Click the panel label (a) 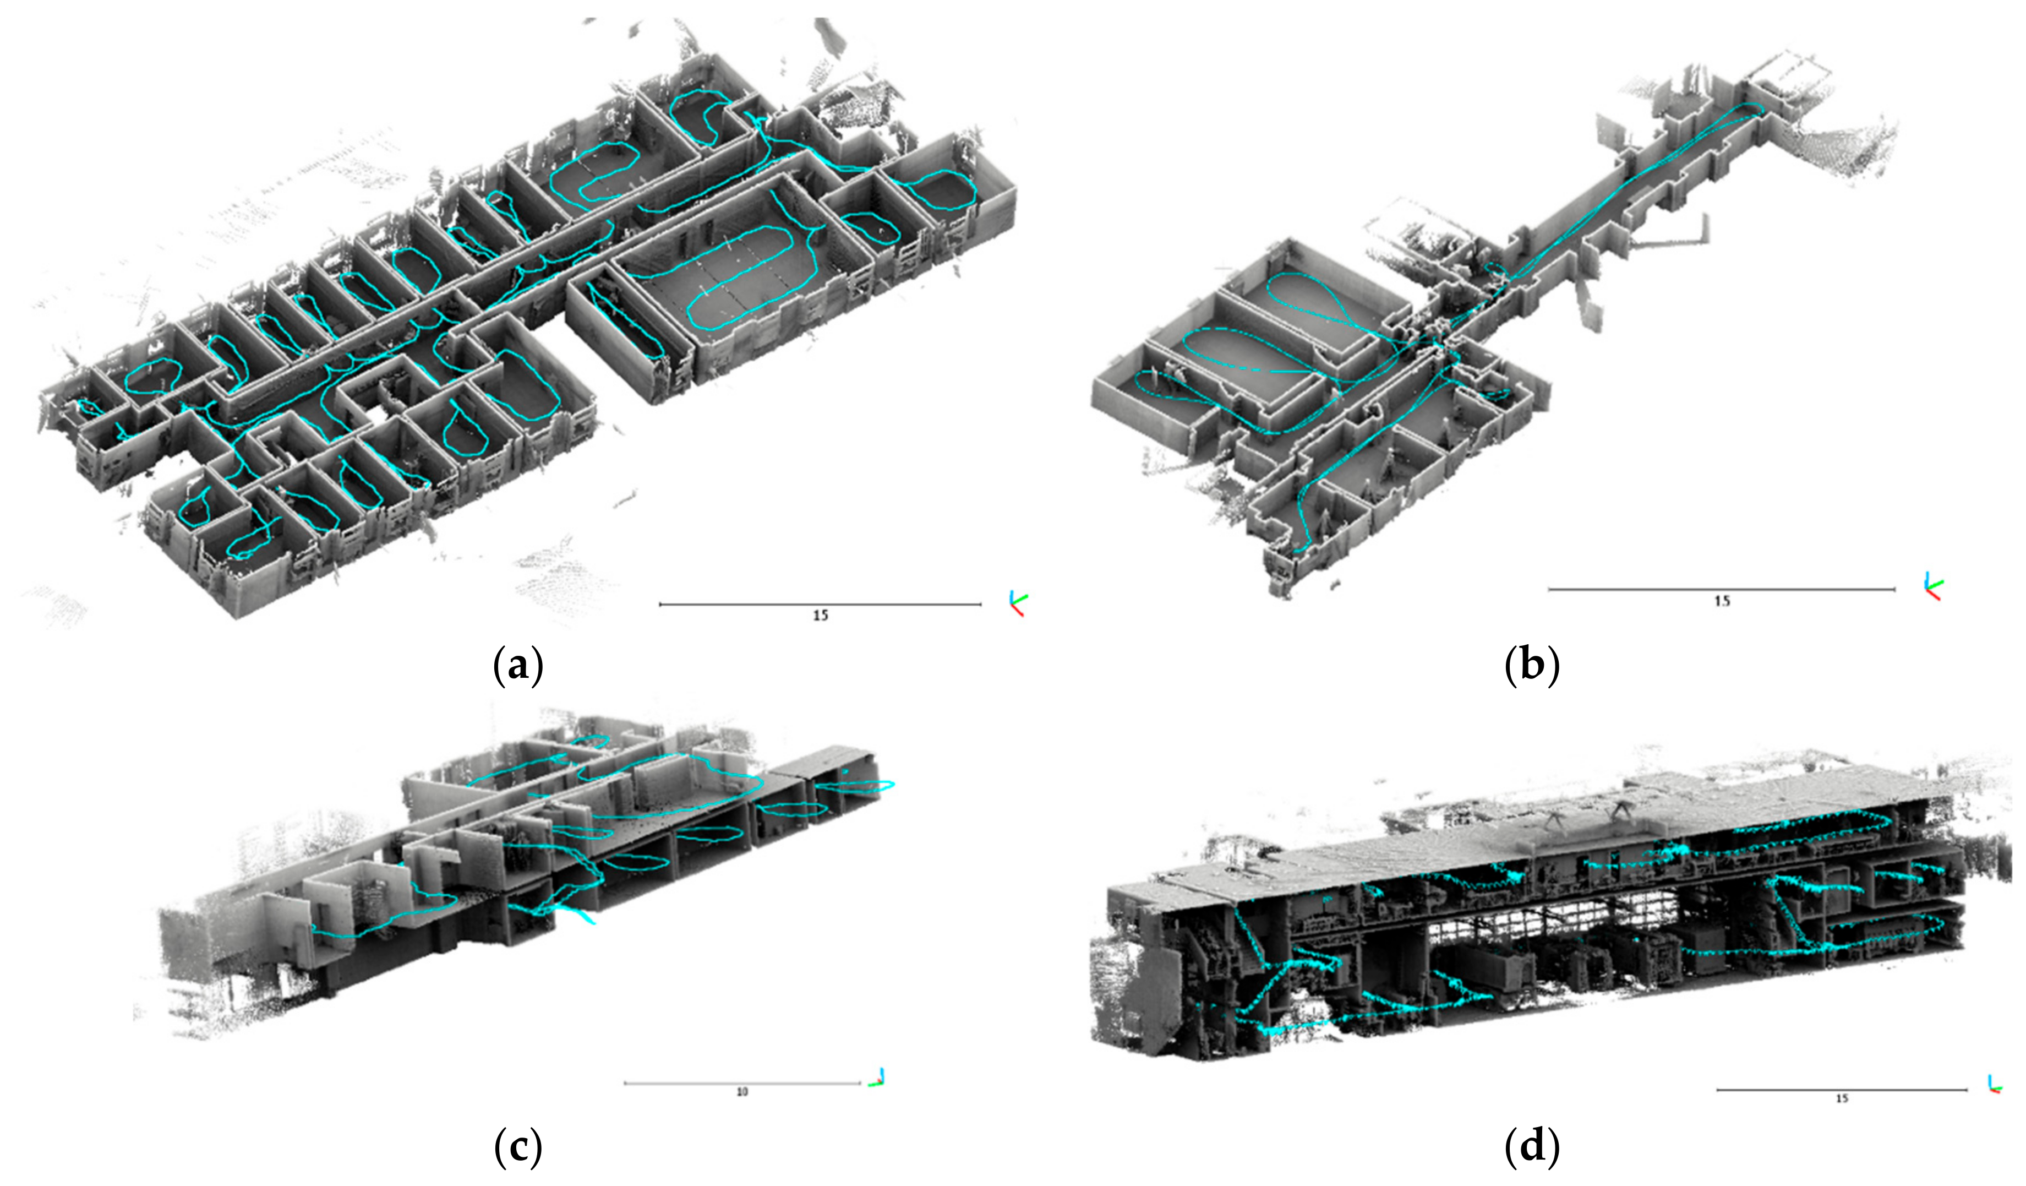click(x=517, y=667)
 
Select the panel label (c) click(x=517, y=1148)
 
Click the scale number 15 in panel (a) click(x=820, y=615)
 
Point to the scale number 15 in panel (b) click(x=1721, y=601)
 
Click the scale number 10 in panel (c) click(x=742, y=1092)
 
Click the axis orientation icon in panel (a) click(x=1018, y=602)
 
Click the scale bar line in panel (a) click(x=820, y=604)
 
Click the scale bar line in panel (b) click(x=1721, y=589)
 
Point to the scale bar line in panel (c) click(x=742, y=1083)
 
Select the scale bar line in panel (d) click(x=1842, y=1090)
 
